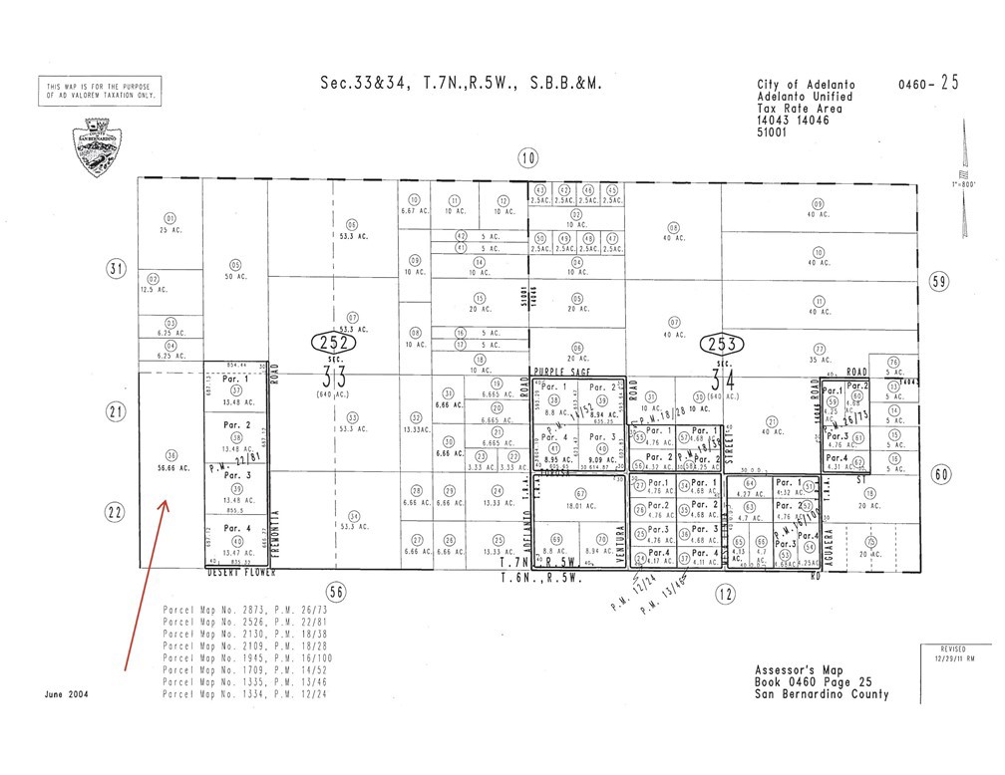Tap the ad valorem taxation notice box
click(100, 92)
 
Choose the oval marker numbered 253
click(723, 345)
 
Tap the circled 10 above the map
click(528, 156)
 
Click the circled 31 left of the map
click(118, 268)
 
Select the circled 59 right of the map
click(938, 281)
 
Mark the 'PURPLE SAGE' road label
click(557, 370)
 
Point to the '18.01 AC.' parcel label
click(579, 505)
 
